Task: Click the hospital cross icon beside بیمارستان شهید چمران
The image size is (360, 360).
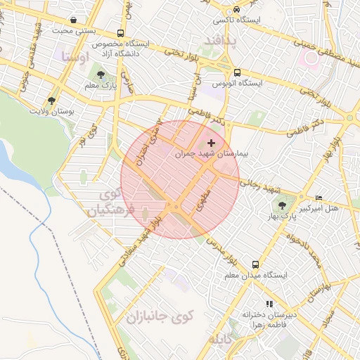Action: coord(212,143)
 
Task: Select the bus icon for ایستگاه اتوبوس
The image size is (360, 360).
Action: coord(237,72)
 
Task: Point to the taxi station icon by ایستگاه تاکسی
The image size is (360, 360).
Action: coord(237,9)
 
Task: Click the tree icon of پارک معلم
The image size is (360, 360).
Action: coord(103,75)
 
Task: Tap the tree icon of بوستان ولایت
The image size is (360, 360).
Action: coord(51,101)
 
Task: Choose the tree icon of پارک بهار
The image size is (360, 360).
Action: coord(282,205)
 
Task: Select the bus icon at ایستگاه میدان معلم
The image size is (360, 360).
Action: coord(255,265)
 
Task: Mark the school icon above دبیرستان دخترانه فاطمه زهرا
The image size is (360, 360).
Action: coord(269,304)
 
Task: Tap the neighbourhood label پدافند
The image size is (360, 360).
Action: coord(221,41)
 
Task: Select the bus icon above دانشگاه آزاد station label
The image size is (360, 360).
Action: coord(121,33)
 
